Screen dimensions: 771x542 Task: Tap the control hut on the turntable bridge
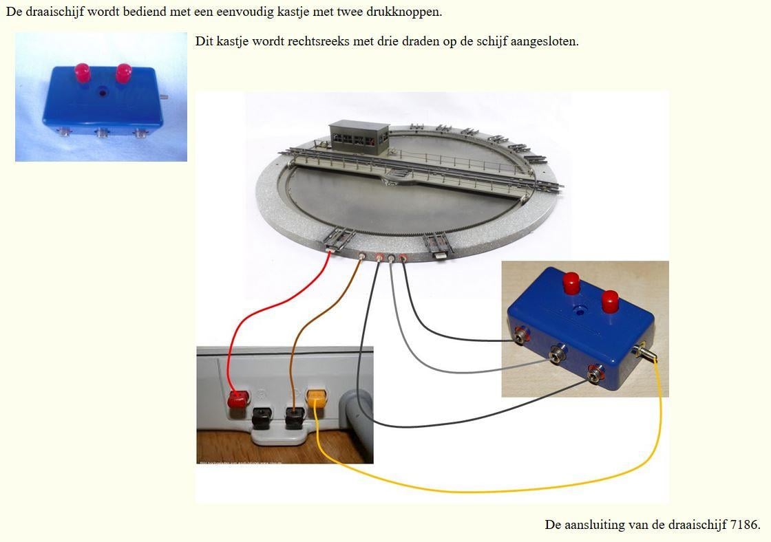pyautogui.click(x=359, y=138)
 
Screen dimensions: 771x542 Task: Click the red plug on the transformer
pyautogui.click(x=237, y=400)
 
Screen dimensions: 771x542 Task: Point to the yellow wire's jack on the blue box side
pyautogui.click(x=644, y=352)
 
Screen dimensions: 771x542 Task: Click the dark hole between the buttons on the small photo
pyautogui.click(x=103, y=91)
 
